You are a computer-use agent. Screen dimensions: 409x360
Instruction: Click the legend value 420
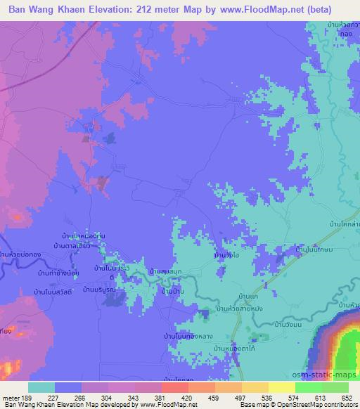pyautogui.click(x=186, y=397)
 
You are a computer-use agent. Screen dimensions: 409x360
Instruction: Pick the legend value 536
pyautogui.click(x=266, y=397)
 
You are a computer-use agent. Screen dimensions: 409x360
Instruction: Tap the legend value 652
pyautogui.click(x=346, y=397)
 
